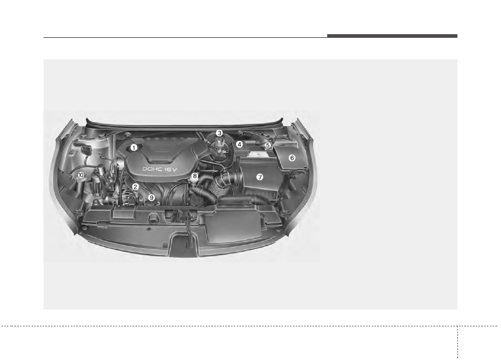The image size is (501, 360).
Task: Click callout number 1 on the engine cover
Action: point(134,148)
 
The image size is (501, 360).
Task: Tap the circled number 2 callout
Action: point(135,187)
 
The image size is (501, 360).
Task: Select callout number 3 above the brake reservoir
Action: point(219,133)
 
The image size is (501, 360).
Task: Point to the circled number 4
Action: point(239,145)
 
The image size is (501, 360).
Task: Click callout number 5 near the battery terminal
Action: point(268,145)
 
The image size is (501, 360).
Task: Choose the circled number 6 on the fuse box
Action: point(291,158)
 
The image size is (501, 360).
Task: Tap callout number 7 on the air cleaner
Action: point(260,177)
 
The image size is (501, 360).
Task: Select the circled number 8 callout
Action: point(195,176)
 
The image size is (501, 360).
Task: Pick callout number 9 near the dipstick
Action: point(151,198)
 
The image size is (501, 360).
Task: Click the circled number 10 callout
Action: point(81,175)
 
